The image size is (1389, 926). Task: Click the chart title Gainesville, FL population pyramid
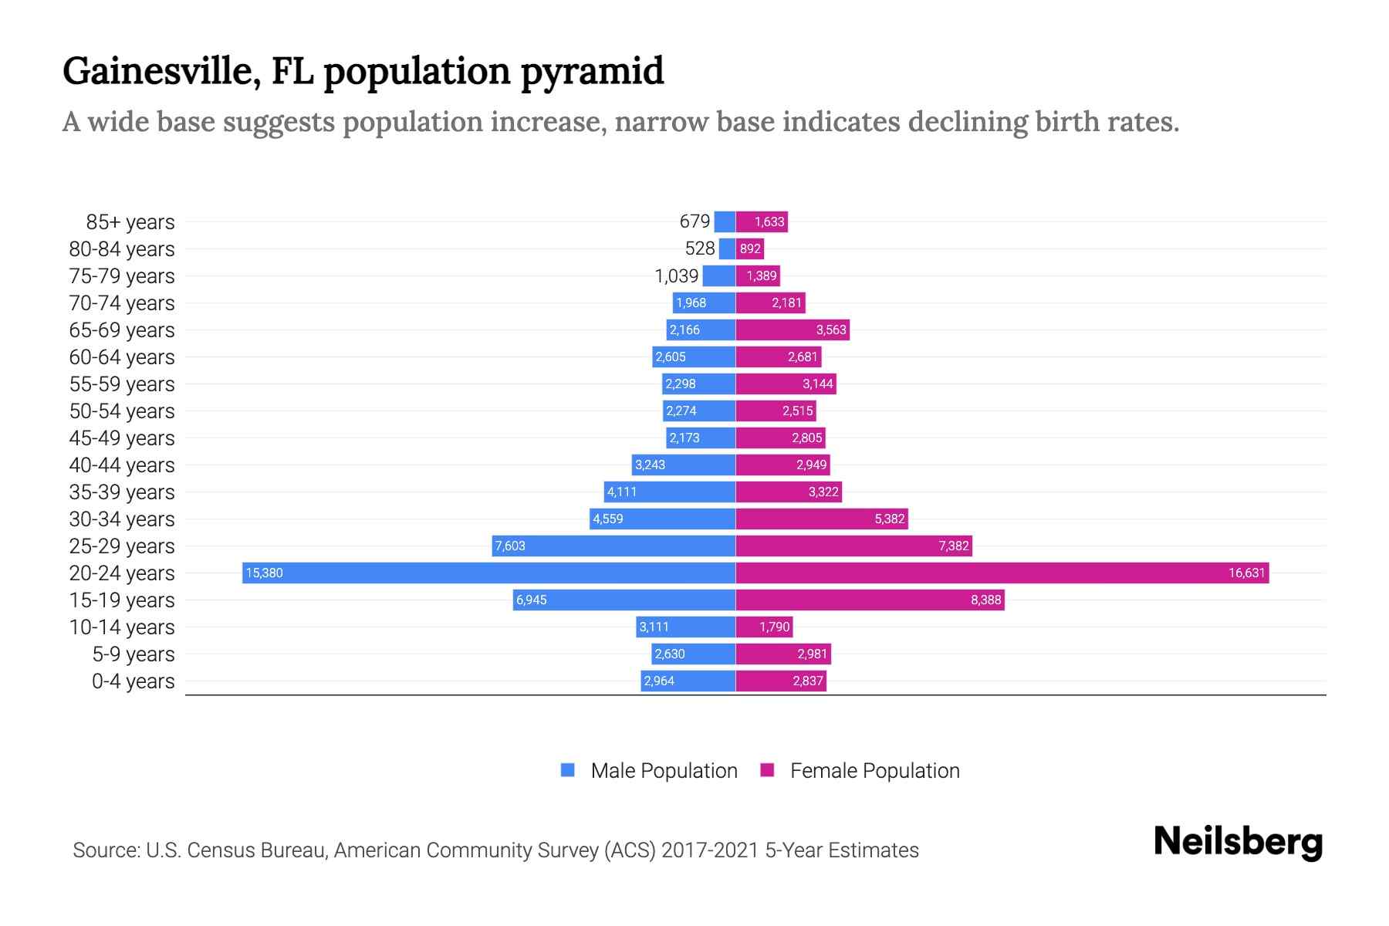point(363,72)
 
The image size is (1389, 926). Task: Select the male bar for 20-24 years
point(488,573)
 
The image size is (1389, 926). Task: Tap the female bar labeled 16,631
point(1002,573)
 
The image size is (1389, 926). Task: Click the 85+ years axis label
point(130,222)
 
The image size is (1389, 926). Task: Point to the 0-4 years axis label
point(133,681)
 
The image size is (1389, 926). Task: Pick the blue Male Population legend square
point(568,770)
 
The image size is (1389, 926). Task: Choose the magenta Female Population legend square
point(767,770)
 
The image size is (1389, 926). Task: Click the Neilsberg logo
point(1238,842)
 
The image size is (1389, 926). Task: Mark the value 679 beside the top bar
point(694,221)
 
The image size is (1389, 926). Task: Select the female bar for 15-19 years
point(870,600)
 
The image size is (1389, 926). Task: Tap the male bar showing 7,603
point(613,546)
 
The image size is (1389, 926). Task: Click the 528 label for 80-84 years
point(700,248)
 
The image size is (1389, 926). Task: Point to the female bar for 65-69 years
point(793,330)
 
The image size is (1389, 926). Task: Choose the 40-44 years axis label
point(122,465)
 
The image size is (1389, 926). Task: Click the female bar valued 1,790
point(764,627)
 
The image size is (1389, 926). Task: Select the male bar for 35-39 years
point(669,492)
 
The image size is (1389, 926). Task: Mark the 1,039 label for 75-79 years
point(677,275)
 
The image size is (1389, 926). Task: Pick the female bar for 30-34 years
point(822,519)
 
